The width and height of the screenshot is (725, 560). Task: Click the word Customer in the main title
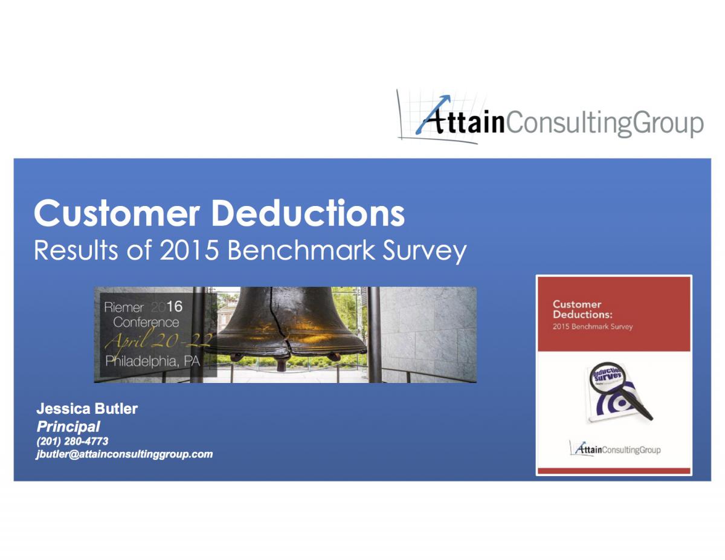pyautogui.click(x=117, y=213)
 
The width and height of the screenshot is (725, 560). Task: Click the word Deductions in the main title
pyautogui.click(x=308, y=213)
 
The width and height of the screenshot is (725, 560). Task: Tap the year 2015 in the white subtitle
pyautogui.click(x=189, y=250)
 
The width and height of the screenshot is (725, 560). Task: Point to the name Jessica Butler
pyautogui.click(x=87, y=408)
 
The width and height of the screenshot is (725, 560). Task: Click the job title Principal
pyautogui.click(x=68, y=426)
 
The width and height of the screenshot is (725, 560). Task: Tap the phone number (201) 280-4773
pyautogui.click(x=72, y=441)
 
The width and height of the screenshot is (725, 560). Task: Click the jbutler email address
pyautogui.click(x=124, y=454)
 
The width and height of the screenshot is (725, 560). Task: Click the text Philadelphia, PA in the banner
pyautogui.click(x=152, y=361)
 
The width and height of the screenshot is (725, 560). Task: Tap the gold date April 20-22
pyautogui.click(x=158, y=341)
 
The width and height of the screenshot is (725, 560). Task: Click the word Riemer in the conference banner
pyautogui.click(x=124, y=307)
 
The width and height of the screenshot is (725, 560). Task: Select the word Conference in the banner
pyautogui.click(x=146, y=322)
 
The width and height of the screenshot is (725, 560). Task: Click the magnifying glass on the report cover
pyautogui.click(x=620, y=391)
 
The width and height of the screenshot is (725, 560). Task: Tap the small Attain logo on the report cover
pyautogui.click(x=615, y=449)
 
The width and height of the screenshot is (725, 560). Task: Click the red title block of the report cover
pyautogui.click(x=614, y=314)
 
